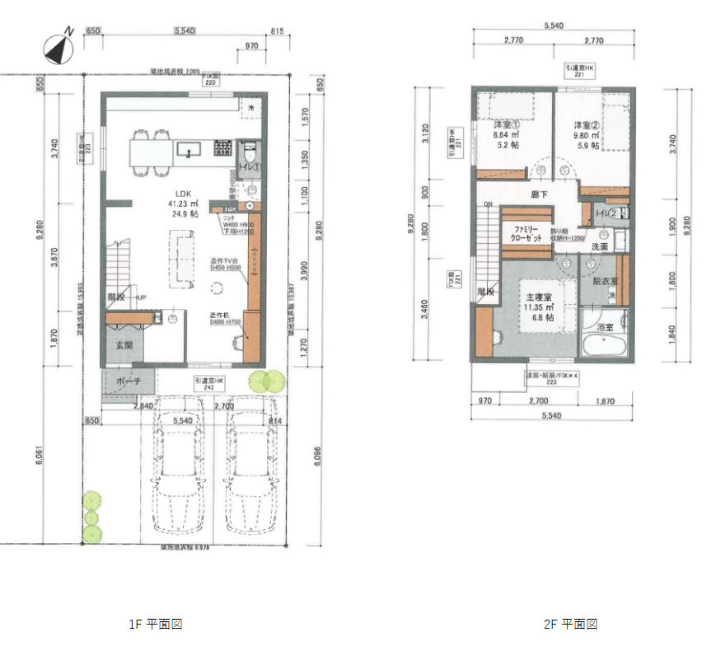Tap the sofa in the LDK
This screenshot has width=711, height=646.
pos(180,259)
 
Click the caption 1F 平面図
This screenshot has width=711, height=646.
pos(155,625)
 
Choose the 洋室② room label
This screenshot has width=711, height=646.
pos(585,125)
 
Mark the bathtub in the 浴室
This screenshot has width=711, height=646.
pos(604,338)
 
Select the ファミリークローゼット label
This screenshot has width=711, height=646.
pos(527,232)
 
